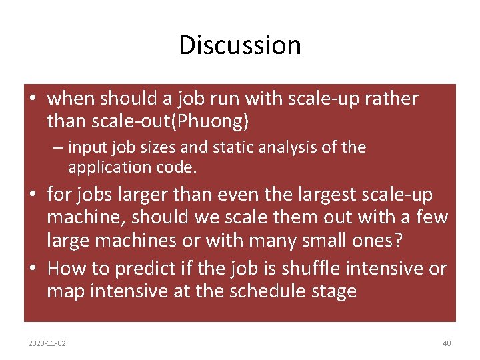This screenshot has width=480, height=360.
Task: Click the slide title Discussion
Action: click(x=240, y=45)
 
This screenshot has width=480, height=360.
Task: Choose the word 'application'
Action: click(x=109, y=167)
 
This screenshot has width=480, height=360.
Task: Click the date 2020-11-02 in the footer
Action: click(x=47, y=343)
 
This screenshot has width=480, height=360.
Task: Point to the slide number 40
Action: click(x=447, y=343)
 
